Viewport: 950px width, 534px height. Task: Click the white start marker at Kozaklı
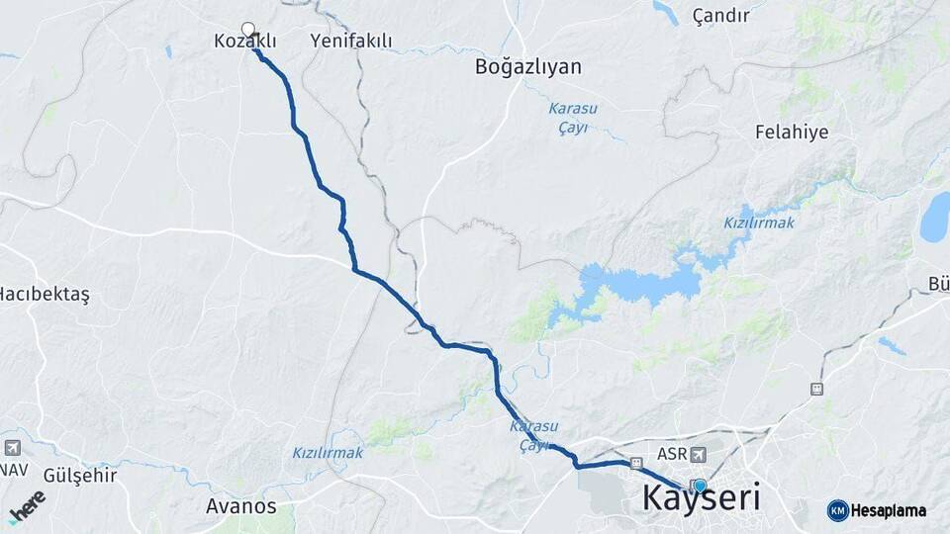248,30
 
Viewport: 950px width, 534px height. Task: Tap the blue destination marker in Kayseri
700,486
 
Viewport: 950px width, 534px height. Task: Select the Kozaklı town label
244,42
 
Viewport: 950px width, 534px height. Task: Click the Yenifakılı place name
351,42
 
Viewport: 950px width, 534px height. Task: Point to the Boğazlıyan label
528,67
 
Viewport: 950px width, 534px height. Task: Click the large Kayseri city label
702,497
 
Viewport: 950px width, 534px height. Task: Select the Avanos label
241,506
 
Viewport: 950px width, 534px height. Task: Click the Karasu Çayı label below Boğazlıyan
568,119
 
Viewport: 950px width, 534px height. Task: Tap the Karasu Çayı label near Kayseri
533,436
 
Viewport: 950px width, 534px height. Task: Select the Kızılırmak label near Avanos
328,453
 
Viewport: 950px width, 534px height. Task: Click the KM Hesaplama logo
877,510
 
